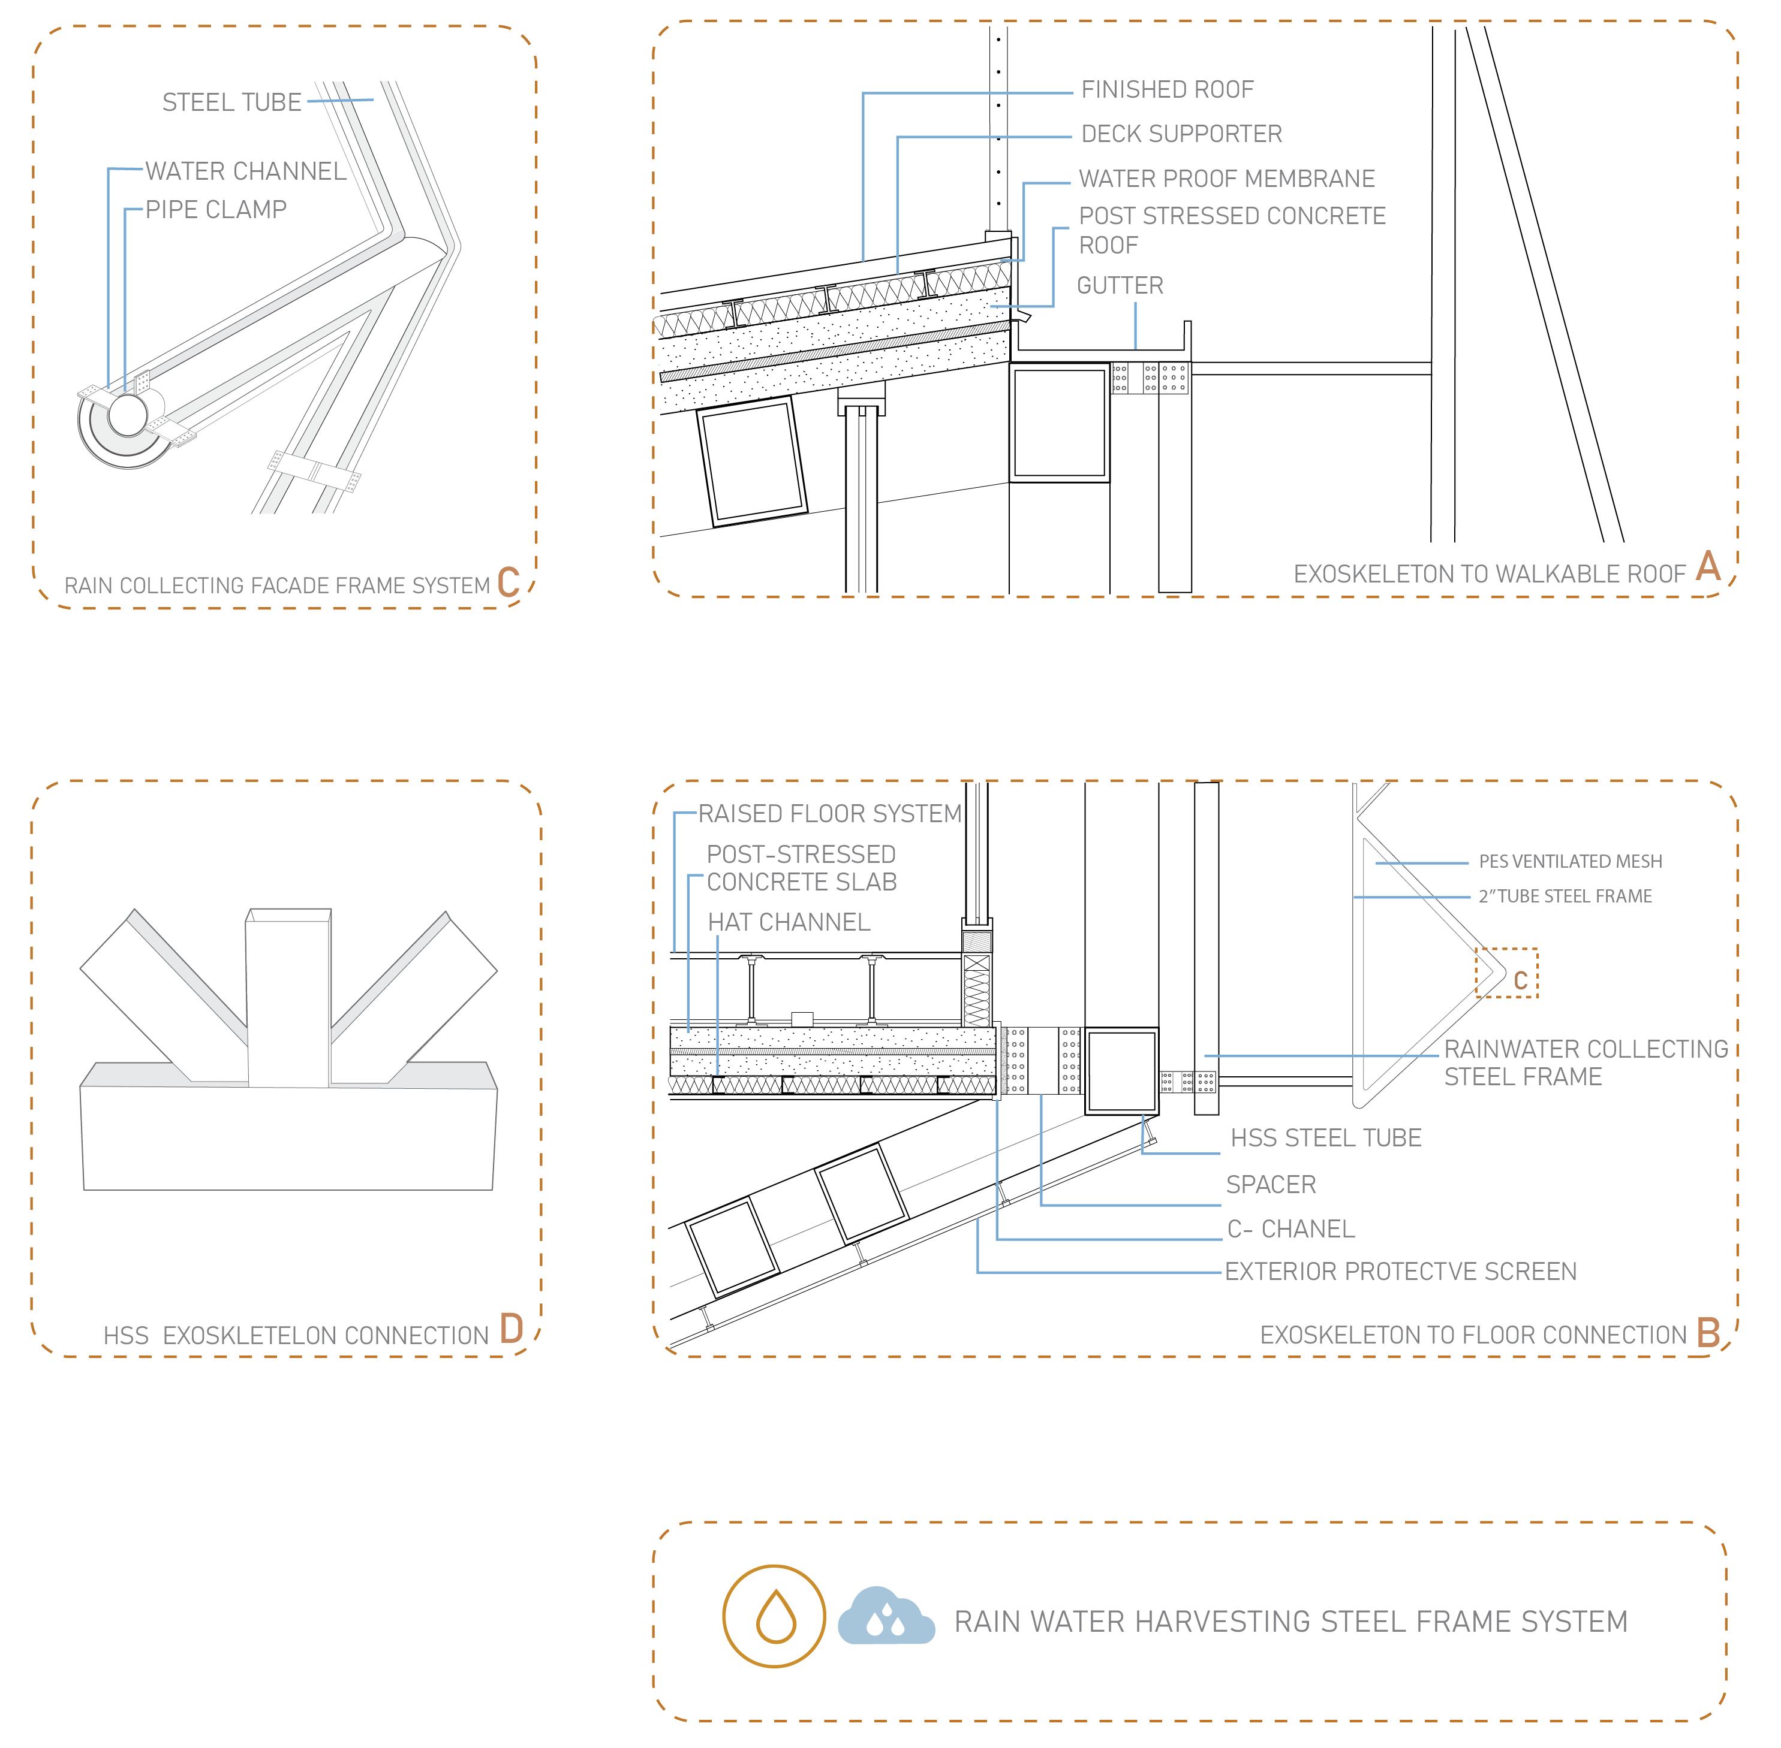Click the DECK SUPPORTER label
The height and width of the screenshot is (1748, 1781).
tap(1181, 134)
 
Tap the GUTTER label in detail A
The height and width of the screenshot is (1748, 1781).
tap(1120, 285)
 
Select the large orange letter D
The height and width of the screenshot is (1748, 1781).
tap(511, 1329)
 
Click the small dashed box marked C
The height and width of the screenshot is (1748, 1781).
tap(1506, 973)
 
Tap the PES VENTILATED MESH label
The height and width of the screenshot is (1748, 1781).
tap(1570, 861)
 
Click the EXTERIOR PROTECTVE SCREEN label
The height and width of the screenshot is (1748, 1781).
tap(1400, 1272)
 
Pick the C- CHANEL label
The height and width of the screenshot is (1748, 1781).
tap(1290, 1228)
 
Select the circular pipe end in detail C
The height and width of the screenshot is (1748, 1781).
tap(127, 415)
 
